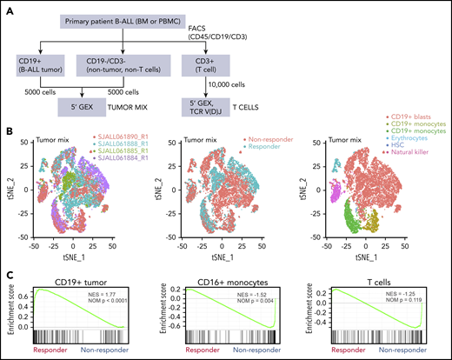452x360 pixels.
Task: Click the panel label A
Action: (x=9, y=9)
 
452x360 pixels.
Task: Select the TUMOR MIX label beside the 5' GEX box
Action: (x=156, y=110)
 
